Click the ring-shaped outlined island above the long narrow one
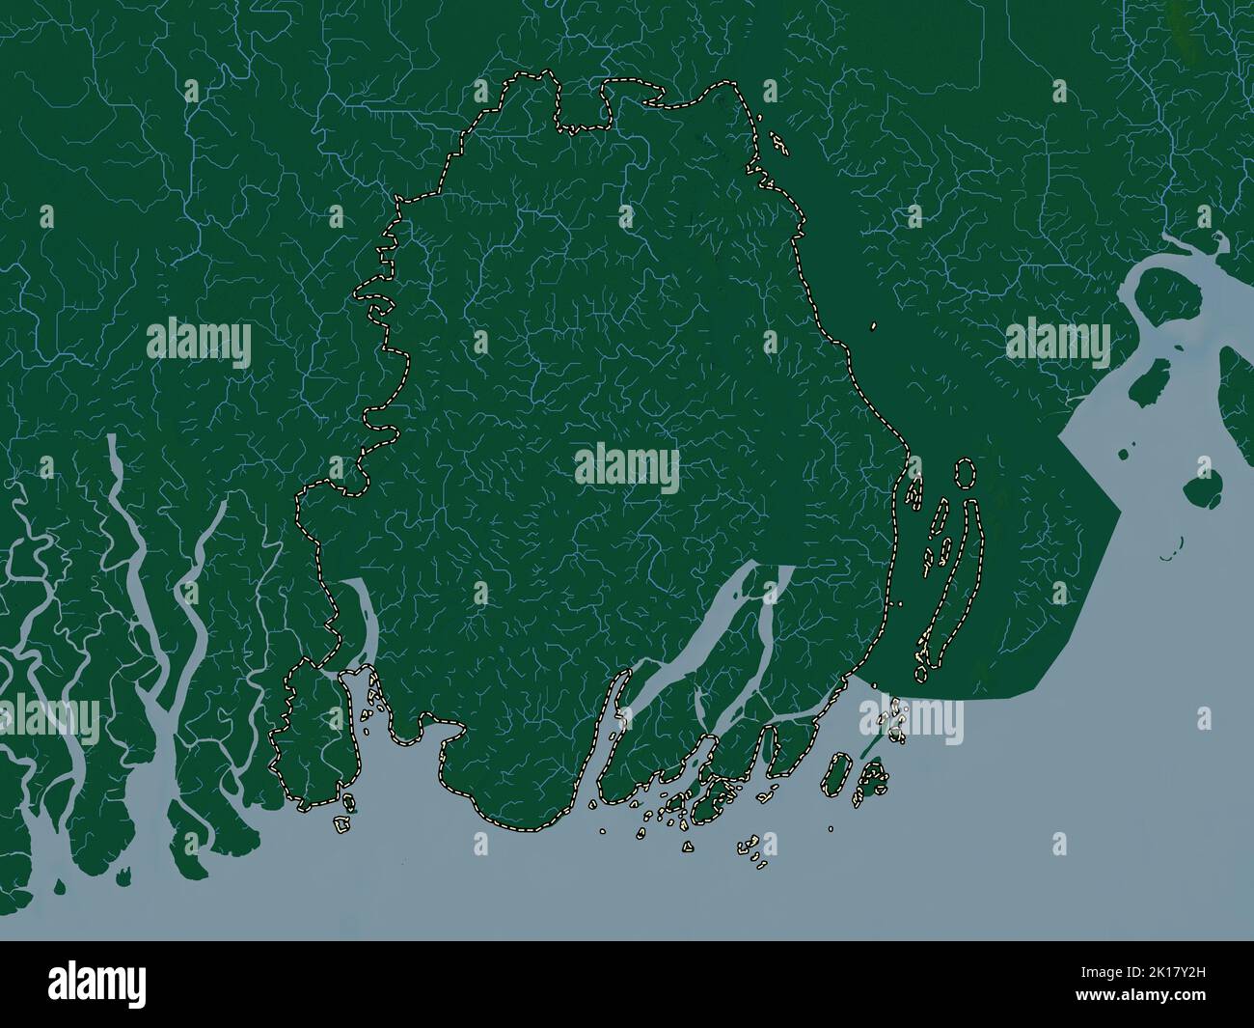(x=962, y=473)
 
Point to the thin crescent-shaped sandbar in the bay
(x=1171, y=556)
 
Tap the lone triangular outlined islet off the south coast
(x=687, y=847)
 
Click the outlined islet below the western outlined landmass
(x=341, y=825)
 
